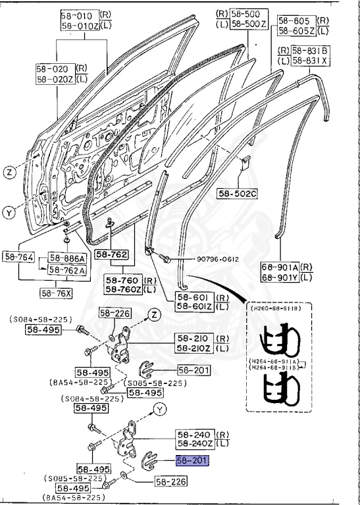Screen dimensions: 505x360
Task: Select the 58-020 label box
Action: [55, 68]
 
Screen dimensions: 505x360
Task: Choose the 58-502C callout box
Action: [238, 193]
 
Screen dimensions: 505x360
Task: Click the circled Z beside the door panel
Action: [10, 173]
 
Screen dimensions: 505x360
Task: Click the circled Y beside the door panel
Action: [10, 212]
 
